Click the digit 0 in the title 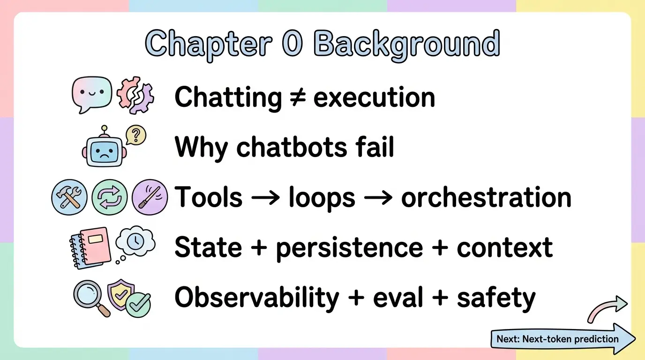[x=292, y=43]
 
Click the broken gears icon [x=135, y=95]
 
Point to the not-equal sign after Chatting [x=298, y=97]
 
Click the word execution [x=374, y=97]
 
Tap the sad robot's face [x=104, y=152]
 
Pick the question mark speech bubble [x=136, y=135]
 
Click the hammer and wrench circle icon [x=69, y=197]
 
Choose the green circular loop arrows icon [x=109, y=197]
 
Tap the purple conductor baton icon [x=150, y=197]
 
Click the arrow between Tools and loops [x=265, y=198]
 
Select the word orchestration [x=486, y=197]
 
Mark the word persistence [x=350, y=248]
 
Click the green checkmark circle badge [x=139, y=305]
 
